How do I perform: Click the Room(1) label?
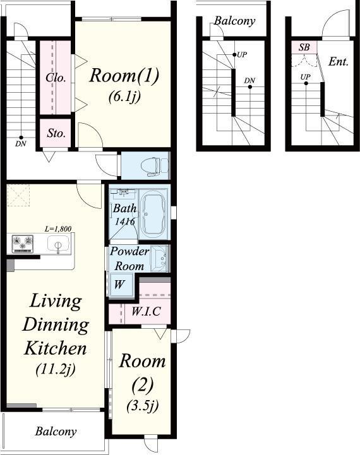click(x=124, y=76)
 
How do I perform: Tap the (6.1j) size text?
click(x=124, y=97)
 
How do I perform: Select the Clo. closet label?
click(x=56, y=78)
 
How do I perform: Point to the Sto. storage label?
click(x=56, y=133)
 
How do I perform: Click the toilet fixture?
click(x=154, y=167)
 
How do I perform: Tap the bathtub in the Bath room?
click(x=154, y=214)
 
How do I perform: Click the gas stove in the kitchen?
click(x=22, y=244)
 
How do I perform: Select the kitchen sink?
click(x=58, y=244)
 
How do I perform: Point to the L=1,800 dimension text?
click(x=58, y=229)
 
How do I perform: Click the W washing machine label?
click(x=119, y=285)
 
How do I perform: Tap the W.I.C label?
click(x=146, y=311)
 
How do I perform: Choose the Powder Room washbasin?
click(x=159, y=258)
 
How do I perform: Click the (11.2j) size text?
click(x=56, y=369)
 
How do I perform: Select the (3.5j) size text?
click(x=143, y=406)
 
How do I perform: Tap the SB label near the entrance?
click(x=304, y=47)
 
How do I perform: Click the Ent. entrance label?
click(x=339, y=61)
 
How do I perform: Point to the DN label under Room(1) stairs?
click(x=21, y=143)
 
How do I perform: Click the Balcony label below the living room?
click(x=56, y=432)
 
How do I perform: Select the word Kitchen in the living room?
click(x=56, y=348)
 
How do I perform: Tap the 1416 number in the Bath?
click(x=125, y=222)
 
